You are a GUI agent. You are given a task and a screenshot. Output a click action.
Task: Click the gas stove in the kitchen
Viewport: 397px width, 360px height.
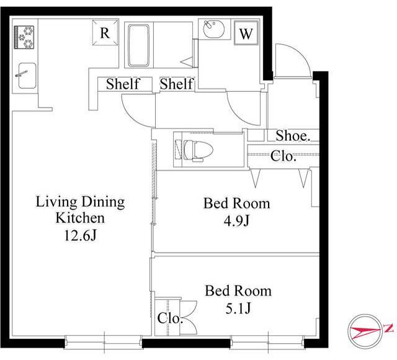(24, 37)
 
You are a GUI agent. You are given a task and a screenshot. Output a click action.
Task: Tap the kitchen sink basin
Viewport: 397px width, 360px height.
(27, 76)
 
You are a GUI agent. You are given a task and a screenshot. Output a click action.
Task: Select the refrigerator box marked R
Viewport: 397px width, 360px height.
(105, 33)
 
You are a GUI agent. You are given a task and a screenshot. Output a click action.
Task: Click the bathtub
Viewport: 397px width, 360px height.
(138, 45)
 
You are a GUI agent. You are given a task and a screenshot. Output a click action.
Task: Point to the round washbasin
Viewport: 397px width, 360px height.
(214, 29)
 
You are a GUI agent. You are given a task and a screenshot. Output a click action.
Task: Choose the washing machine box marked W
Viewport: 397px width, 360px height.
(246, 33)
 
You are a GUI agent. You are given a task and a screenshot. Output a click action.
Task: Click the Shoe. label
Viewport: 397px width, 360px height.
(293, 135)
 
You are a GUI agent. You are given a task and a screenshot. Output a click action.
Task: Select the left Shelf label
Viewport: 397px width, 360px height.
(123, 84)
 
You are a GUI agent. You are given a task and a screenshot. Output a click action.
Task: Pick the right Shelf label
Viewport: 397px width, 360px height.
(177, 84)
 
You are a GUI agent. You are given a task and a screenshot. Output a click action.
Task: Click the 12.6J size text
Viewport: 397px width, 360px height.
(80, 236)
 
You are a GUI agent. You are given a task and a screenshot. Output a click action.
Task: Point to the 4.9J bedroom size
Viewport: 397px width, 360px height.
(236, 221)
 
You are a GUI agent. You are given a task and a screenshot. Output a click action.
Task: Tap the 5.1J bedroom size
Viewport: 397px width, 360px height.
(238, 308)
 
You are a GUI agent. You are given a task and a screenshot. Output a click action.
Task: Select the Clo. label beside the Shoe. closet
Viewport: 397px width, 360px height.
(283, 156)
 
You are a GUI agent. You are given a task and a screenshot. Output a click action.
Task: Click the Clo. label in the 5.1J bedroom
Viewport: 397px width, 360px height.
(170, 318)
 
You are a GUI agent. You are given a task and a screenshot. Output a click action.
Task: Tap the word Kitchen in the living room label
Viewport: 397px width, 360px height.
(80, 218)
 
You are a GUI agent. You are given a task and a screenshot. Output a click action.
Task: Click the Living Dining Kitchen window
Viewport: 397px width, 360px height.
(104, 343)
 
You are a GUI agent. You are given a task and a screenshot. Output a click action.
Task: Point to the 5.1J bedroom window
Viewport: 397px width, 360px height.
(267, 343)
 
